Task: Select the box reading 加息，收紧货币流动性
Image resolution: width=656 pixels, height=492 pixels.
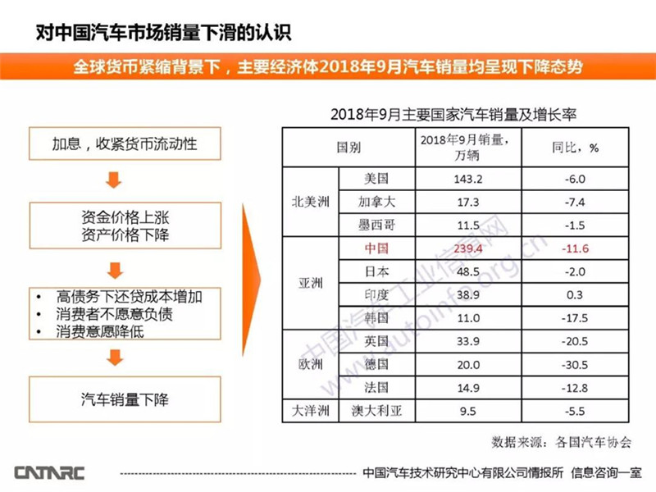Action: (x=125, y=146)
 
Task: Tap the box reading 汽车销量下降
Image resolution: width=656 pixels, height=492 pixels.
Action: (x=125, y=399)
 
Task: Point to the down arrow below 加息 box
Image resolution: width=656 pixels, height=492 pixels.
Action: (x=116, y=180)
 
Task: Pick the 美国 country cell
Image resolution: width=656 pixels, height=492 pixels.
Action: (x=376, y=178)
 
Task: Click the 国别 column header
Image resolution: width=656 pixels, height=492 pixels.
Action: (x=348, y=148)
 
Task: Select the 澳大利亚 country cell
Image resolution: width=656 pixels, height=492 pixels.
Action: (x=376, y=410)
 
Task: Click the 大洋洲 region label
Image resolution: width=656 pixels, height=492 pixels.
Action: (x=310, y=410)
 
